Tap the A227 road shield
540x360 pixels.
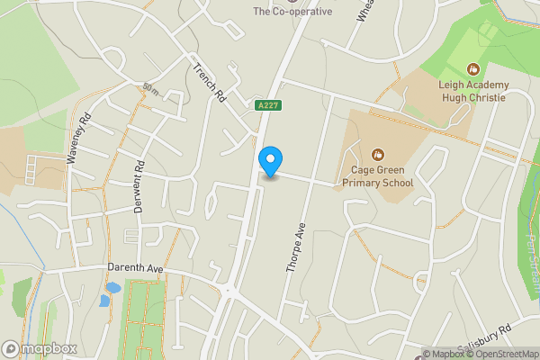point(265,105)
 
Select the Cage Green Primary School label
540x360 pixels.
point(377,176)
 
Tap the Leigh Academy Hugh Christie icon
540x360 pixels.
point(474,68)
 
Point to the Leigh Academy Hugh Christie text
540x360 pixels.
point(474,91)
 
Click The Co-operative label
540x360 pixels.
point(292,12)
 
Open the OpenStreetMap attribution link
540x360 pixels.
point(502,354)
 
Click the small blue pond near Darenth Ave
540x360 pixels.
point(112,289)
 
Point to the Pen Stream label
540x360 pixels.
point(530,243)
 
